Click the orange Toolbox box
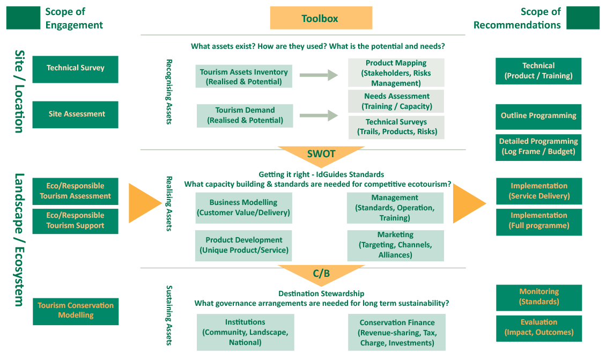click(x=321, y=18)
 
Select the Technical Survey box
click(x=75, y=69)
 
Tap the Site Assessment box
click(x=75, y=114)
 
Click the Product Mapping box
click(x=396, y=73)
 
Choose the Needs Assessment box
click(x=396, y=101)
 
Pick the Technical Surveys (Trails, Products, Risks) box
click(x=396, y=127)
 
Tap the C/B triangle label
click(x=321, y=274)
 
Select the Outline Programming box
click(x=538, y=116)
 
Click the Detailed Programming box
click(x=538, y=146)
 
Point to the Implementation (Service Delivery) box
click(x=539, y=191)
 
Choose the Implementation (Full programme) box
click(x=539, y=221)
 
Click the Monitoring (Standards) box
click(x=539, y=297)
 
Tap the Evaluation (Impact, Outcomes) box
click(x=539, y=327)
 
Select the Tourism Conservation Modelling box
click(x=76, y=311)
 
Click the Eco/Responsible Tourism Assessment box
click(x=75, y=191)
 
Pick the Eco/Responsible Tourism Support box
click(x=75, y=221)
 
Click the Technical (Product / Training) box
click(x=538, y=71)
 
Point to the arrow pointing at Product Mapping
click(x=319, y=76)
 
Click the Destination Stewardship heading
click(x=321, y=293)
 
